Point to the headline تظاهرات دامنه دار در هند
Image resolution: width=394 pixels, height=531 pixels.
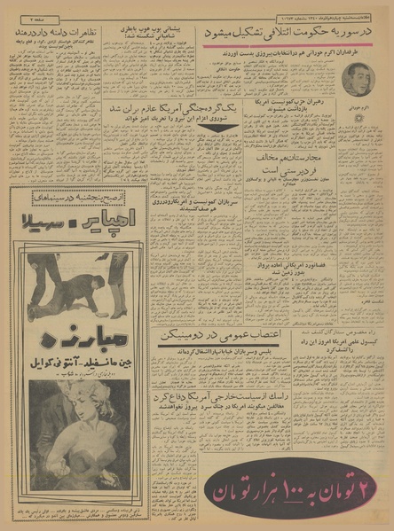point(54,32)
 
